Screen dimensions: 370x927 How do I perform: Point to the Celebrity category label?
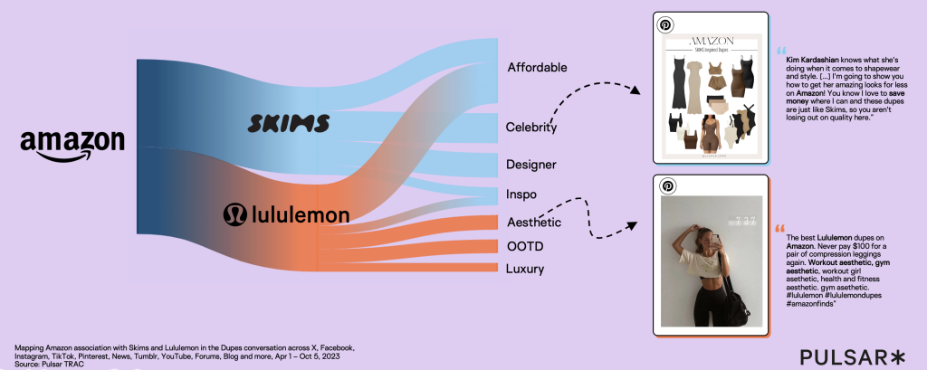(x=531, y=128)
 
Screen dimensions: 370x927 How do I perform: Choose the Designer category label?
(x=531, y=165)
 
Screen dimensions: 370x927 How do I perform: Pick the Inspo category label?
(x=522, y=194)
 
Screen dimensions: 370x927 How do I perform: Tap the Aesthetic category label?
(x=533, y=223)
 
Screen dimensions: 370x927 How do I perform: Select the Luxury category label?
(x=525, y=269)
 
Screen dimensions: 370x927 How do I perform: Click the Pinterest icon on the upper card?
(x=665, y=24)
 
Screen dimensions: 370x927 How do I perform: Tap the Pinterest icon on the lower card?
(x=667, y=185)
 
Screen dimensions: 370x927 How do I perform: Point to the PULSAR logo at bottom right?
(x=851, y=355)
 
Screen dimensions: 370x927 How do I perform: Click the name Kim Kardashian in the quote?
(x=813, y=59)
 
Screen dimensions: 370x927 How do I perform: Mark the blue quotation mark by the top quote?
(x=780, y=50)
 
